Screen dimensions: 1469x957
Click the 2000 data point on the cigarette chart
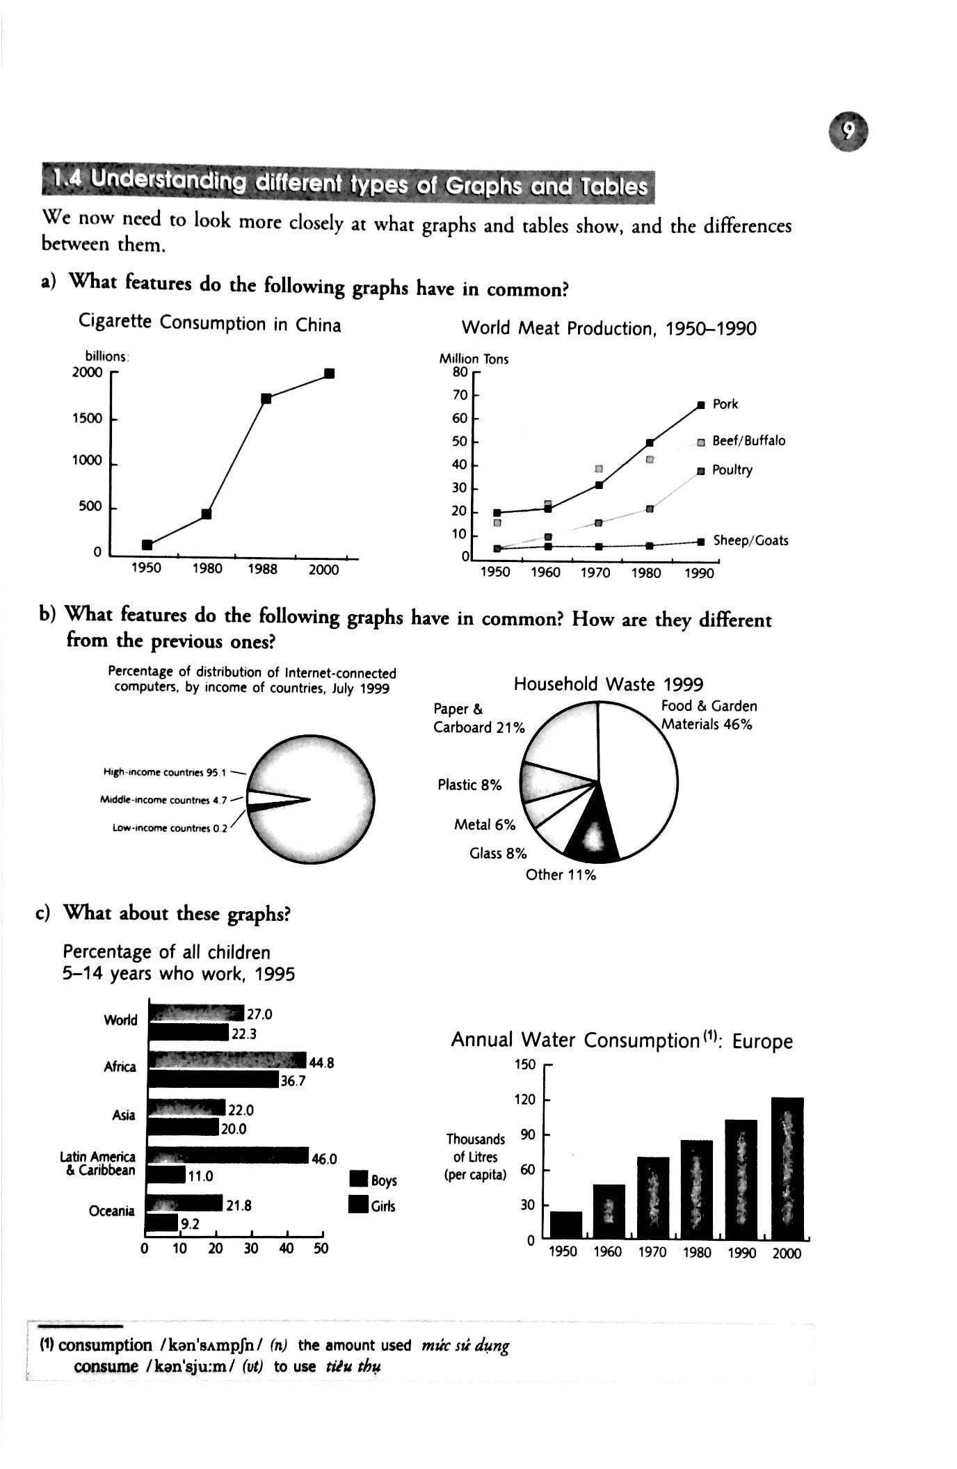tap(330, 374)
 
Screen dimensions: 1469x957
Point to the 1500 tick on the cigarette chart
tap(87, 418)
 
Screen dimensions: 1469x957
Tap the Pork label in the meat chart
tap(725, 404)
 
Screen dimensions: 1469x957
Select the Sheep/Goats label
tap(750, 540)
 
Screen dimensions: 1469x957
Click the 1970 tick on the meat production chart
tap(595, 572)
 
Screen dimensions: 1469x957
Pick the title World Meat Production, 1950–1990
tap(609, 328)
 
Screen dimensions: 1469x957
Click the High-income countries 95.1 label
tap(164, 772)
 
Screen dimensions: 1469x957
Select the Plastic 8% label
tap(469, 785)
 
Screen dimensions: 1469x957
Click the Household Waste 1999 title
tap(608, 684)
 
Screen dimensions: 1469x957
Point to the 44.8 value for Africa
tap(321, 1063)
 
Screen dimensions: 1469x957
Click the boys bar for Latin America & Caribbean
tap(230, 1155)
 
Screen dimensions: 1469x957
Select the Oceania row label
tap(111, 1211)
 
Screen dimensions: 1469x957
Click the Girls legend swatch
tap(358, 1205)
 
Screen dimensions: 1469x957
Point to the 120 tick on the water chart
tap(525, 1100)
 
